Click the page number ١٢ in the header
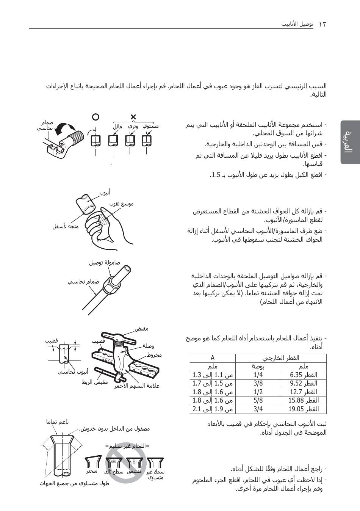point(322,24)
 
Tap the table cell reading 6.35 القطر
point(304,375)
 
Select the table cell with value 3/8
point(258,383)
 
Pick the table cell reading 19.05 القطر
point(304,409)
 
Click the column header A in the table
point(213,358)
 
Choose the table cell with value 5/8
point(258,400)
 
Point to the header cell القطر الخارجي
point(281,358)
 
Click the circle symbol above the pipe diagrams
point(96,117)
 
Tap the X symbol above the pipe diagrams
point(133,116)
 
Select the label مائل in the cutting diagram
point(117,126)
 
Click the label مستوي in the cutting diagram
point(151,125)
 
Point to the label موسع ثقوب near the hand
point(122,204)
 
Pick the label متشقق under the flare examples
point(135,472)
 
